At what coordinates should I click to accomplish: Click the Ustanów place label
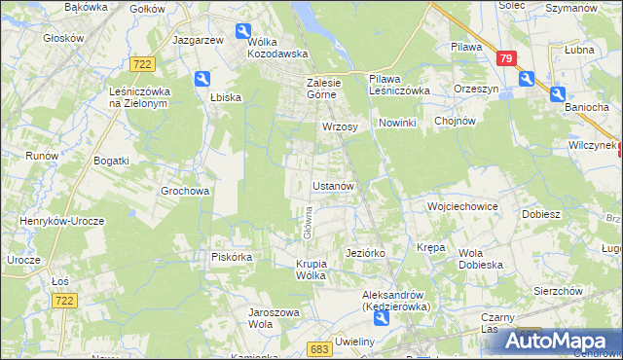click(x=338, y=185)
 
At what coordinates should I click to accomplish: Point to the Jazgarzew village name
click(x=199, y=40)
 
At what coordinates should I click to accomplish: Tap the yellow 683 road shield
click(x=318, y=347)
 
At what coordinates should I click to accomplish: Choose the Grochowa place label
click(x=185, y=192)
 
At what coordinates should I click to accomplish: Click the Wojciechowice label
click(x=462, y=207)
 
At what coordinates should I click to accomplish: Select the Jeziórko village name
click(x=366, y=253)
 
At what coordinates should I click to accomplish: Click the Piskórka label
click(x=233, y=257)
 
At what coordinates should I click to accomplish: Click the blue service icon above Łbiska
click(x=201, y=79)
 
